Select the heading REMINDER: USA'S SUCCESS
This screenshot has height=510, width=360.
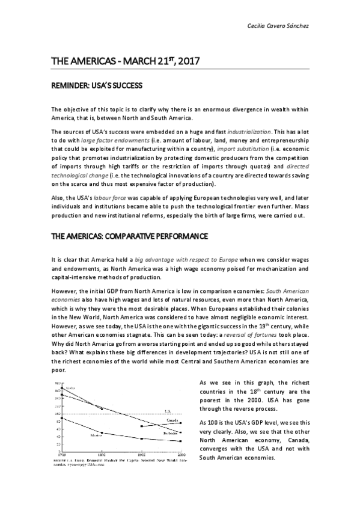[96, 86]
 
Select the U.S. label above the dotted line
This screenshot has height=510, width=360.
[169, 411]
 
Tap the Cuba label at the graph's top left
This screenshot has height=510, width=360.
[70, 389]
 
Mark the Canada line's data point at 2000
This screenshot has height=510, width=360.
[181, 423]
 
